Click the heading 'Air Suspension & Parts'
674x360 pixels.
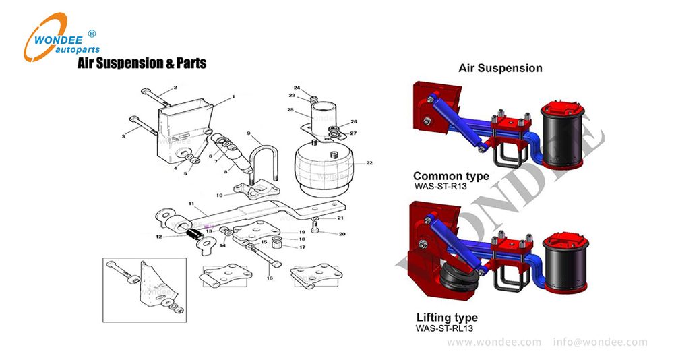pos(142,63)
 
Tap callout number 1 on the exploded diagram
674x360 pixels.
pos(233,97)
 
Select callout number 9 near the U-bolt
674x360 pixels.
pos(249,133)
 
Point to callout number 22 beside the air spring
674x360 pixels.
pos(369,162)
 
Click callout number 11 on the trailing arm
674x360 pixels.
pos(191,203)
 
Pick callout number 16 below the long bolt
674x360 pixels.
pos(269,277)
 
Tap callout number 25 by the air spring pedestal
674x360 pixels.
pos(290,109)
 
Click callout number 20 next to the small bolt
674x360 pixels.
pos(342,234)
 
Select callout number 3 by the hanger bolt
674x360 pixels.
pos(123,136)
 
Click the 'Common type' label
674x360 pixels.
pos(451,176)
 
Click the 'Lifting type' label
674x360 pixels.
pos(447,318)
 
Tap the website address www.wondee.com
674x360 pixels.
pos(494,342)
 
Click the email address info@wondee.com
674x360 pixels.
pos(600,342)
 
